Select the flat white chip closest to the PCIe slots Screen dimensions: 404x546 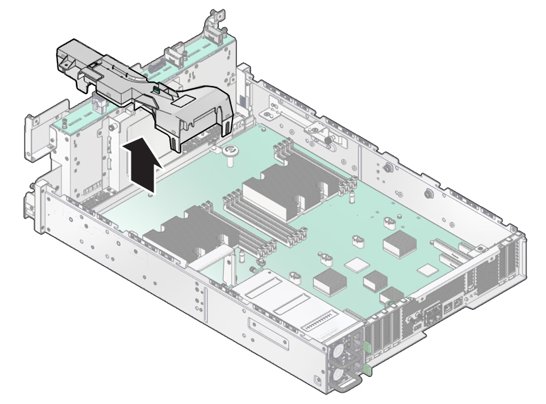(430, 270)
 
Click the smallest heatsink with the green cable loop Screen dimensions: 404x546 (392, 293)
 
